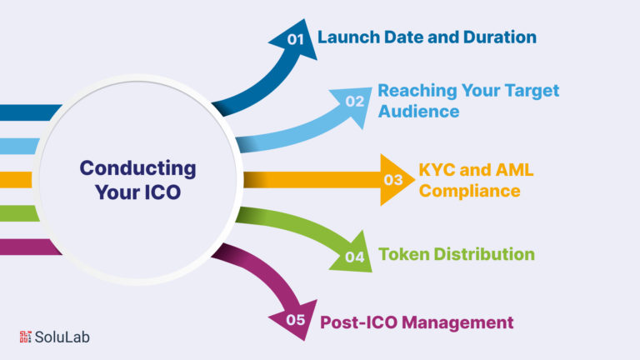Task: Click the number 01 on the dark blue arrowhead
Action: click(296, 39)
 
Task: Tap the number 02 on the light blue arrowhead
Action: click(354, 101)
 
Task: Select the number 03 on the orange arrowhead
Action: click(393, 180)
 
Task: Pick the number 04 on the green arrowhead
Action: click(354, 257)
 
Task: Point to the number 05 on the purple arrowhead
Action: click(296, 320)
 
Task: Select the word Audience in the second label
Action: click(418, 111)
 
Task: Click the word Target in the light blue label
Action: click(532, 91)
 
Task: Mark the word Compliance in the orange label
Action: click(469, 191)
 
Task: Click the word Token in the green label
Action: click(404, 254)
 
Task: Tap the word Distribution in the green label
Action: click(484, 254)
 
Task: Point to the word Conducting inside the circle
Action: click(138, 168)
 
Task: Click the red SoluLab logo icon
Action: click(25, 337)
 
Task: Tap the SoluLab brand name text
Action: click(62, 337)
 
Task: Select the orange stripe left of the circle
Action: click(16, 180)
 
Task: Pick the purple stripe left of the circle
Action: click(29, 247)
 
